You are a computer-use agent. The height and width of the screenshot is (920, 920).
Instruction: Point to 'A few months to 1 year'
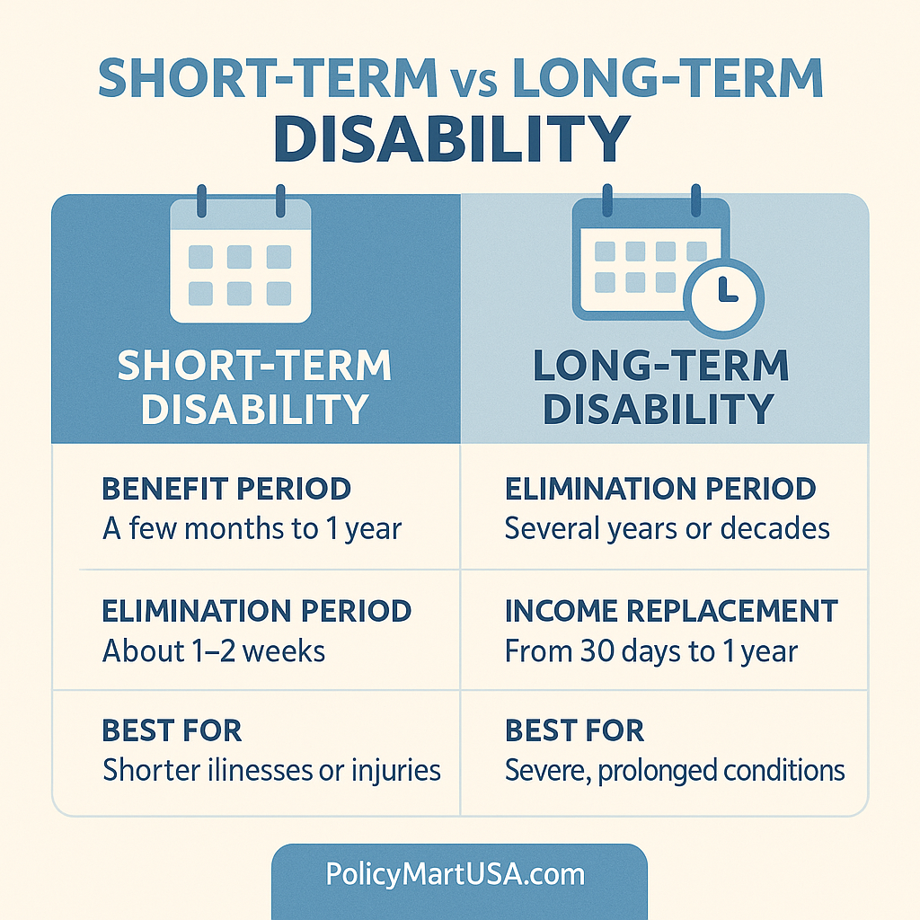coord(252,528)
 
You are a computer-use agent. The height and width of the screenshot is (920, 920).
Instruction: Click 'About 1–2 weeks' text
coord(214,650)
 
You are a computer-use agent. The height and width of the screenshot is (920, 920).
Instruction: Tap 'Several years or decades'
coord(667,528)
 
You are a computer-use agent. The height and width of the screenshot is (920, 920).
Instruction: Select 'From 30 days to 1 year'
coord(650,650)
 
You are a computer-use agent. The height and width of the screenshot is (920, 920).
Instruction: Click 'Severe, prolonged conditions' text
coord(675,770)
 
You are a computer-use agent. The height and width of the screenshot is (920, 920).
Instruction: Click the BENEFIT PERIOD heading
coord(226,490)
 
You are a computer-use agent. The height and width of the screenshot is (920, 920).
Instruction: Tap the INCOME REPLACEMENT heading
coord(671,611)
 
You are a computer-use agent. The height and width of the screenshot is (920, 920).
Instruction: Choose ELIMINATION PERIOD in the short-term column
coord(256,611)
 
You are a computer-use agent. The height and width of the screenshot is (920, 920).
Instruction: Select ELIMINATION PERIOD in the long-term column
coord(660,490)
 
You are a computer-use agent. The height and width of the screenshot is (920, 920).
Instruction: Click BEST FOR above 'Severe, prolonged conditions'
coord(574,731)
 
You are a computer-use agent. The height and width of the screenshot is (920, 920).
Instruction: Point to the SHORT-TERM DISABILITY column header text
coord(255,387)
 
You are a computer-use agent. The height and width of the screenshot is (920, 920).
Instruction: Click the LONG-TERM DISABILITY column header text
coord(659,387)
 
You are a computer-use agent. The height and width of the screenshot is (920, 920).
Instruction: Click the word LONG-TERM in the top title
coord(667,79)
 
